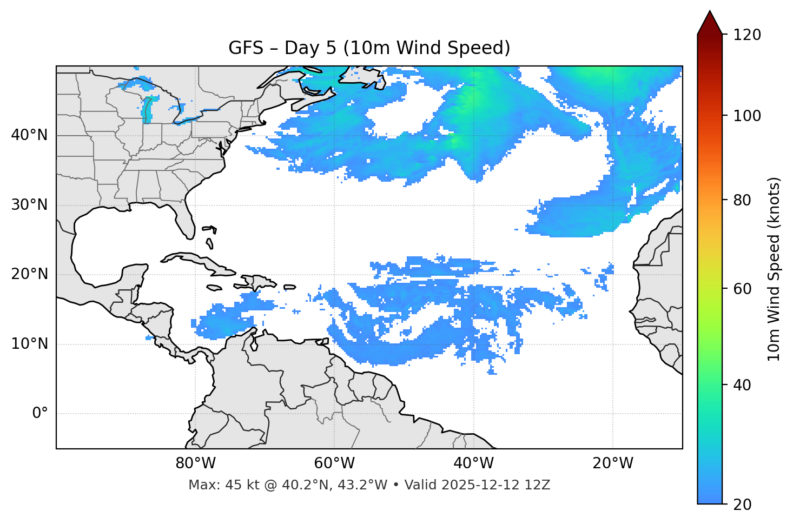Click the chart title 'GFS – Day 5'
(369, 48)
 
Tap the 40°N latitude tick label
(29, 135)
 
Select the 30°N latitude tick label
(29, 205)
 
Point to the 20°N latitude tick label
(29, 274)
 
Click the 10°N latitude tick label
(29, 344)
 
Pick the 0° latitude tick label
(40, 414)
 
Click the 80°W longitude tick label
(195, 463)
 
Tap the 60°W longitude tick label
(334, 463)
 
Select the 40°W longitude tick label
(473, 463)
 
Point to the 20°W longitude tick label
(613, 463)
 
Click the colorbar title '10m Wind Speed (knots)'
(774, 269)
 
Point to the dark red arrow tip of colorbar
(710, 21)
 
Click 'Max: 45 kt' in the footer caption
(213, 485)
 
